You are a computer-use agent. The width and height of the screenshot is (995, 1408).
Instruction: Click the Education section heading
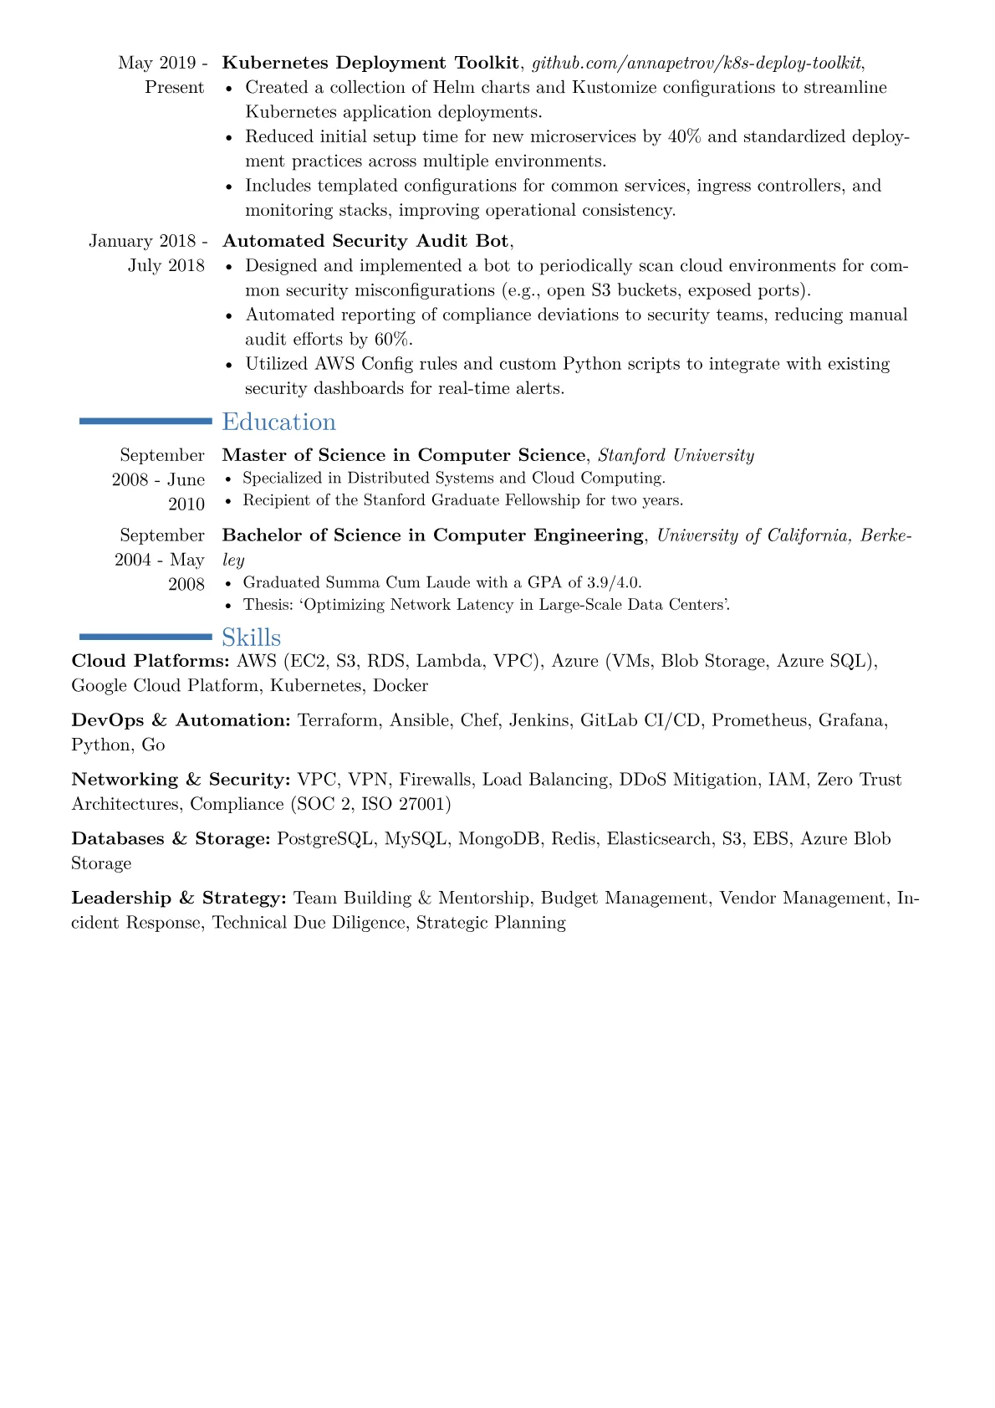278,422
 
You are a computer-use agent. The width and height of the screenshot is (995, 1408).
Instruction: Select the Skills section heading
251,637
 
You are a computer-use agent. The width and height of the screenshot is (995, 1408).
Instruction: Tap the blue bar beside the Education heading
145,422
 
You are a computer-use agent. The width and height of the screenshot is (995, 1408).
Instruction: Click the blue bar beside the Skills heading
145,637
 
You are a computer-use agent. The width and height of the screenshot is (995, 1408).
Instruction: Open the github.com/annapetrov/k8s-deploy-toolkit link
696,63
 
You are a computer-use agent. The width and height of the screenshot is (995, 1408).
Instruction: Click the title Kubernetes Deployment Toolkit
370,63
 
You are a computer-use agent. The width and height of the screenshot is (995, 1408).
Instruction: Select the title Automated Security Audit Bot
365,241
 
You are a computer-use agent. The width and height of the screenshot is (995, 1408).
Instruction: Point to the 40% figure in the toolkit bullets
685,136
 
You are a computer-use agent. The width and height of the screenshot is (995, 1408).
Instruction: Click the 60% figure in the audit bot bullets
392,339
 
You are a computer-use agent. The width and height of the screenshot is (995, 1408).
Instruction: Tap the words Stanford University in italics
676,455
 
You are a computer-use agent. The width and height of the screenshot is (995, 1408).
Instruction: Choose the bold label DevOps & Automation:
181,720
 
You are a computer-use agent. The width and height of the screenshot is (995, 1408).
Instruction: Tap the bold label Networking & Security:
181,780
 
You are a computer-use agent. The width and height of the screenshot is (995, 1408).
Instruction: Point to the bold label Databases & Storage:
171,838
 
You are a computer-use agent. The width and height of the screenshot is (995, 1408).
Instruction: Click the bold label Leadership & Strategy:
179,898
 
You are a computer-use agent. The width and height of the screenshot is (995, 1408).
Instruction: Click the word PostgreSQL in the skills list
325,838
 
